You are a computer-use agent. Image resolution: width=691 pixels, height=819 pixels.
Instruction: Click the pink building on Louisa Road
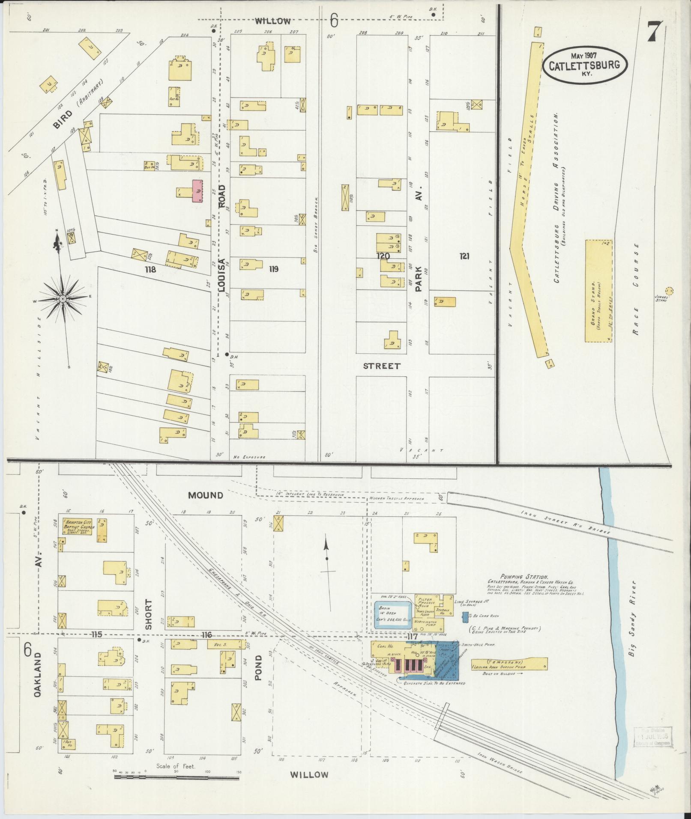coord(197,191)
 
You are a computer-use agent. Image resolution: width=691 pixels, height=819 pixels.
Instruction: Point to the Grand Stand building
coord(598,291)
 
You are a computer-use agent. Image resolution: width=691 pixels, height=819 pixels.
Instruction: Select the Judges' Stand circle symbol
coord(669,291)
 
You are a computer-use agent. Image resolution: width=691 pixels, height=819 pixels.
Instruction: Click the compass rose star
coord(63,298)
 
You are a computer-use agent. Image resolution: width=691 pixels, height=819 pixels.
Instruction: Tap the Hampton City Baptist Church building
coord(78,527)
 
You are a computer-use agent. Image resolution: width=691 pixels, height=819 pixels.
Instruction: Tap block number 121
coord(465,256)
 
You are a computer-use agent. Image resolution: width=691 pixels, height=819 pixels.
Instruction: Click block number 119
coord(274,269)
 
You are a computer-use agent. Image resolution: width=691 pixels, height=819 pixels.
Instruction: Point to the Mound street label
coord(206,495)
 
